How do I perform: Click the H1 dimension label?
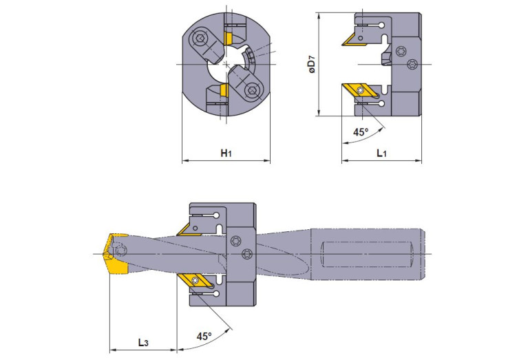point(226,153)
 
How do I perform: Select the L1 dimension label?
point(381,153)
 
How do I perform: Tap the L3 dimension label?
point(142,341)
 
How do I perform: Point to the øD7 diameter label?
point(311,67)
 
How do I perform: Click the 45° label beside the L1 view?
point(361,131)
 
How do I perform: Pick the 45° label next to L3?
point(204,337)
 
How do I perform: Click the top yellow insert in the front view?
point(226,39)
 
